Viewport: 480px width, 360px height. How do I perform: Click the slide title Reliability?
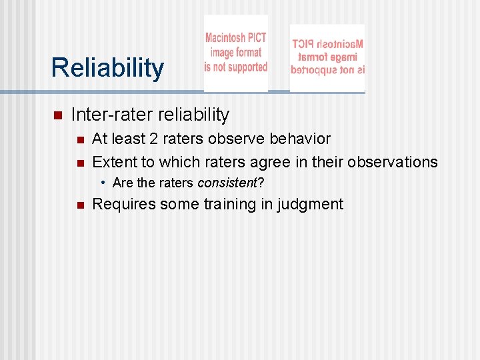click(x=107, y=68)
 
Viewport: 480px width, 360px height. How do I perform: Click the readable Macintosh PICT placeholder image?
click(x=235, y=53)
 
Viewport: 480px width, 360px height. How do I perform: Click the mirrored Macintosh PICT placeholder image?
click(x=327, y=57)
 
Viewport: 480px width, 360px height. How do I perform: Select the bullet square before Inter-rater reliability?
click(x=57, y=115)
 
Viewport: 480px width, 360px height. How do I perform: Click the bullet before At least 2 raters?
click(x=79, y=139)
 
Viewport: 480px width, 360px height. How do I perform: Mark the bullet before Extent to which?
click(x=79, y=163)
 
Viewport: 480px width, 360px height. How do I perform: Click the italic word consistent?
click(x=227, y=183)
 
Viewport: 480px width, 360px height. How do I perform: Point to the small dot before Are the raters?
click(x=104, y=183)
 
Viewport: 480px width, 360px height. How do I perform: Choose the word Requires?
click(x=123, y=204)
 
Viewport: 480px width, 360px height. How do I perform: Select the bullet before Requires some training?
click(x=79, y=205)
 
